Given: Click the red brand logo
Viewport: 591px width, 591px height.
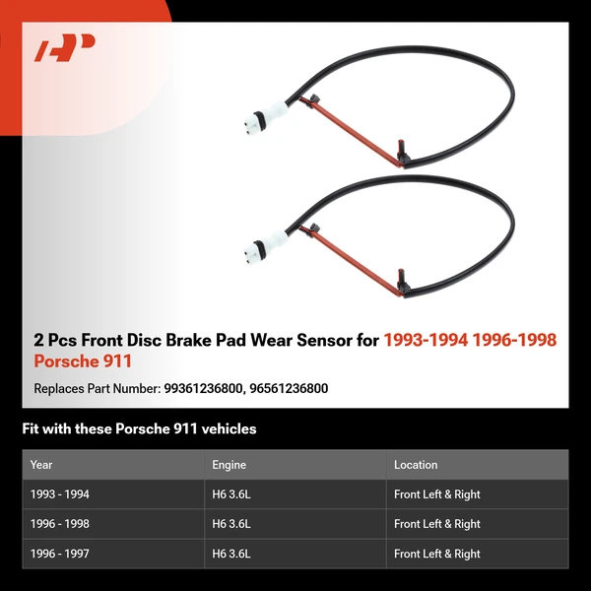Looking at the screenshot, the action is (x=64, y=47).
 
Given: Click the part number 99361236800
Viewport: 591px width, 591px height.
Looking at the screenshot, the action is (x=203, y=388).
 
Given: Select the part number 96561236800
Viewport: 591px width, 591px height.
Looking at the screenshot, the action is (x=289, y=388).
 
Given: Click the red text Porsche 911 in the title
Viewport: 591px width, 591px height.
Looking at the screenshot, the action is (x=83, y=361).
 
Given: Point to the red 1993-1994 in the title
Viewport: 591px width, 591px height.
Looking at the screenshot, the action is (x=426, y=340).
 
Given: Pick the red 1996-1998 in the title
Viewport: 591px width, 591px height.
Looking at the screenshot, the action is (x=514, y=340).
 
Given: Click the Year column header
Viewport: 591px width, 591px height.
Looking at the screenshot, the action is (x=41, y=465).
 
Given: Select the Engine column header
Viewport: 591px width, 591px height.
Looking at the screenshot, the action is (x=229, y=465).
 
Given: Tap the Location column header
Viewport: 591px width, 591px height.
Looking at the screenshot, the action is (x=416, y=465).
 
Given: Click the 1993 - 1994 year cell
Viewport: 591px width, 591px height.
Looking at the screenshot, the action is (x=59, y=494).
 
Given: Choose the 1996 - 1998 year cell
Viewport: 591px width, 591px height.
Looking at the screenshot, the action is (x=59, y=524).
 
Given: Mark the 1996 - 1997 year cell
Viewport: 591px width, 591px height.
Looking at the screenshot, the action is (x=59, y=554).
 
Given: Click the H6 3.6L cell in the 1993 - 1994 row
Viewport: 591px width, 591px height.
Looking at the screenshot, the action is (x=231, y=494).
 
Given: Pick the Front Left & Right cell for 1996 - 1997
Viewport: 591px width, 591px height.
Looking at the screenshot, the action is (x=437, y=554).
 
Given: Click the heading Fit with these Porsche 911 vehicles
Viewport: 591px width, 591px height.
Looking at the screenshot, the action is (x=139, y=428).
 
